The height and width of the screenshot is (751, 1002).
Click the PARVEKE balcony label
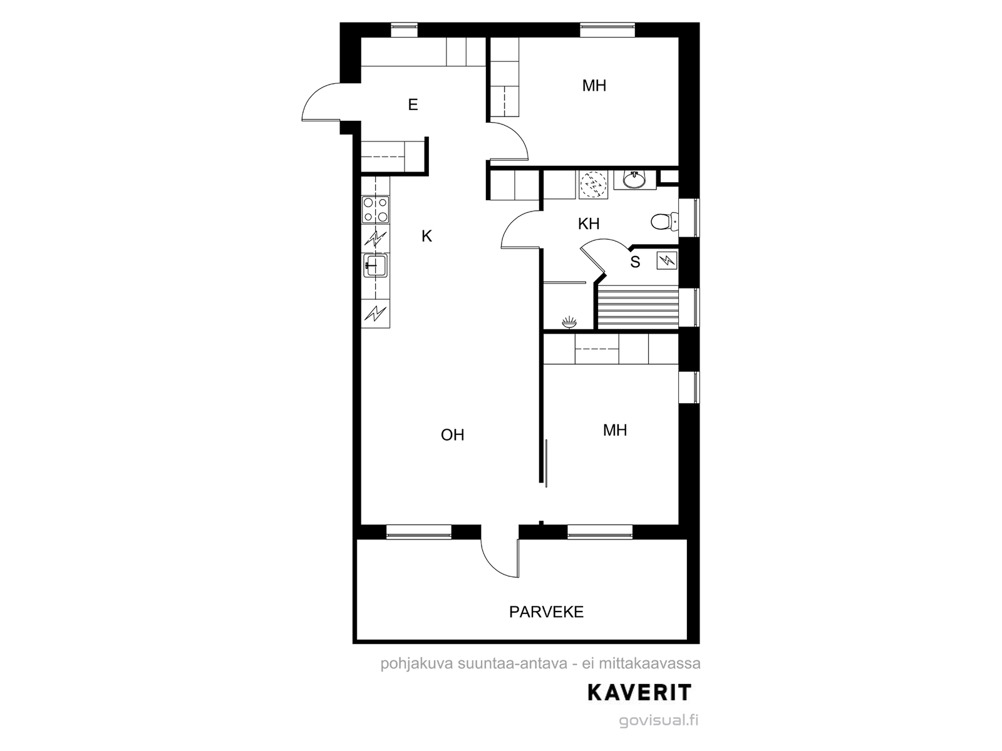tap(546, 612)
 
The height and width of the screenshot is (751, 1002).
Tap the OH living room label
tap(452, 435)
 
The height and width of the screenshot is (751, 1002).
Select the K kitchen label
tap(426, 236)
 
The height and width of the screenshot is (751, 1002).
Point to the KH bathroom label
tap(589, 224)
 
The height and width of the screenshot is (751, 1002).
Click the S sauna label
tap(635, 262)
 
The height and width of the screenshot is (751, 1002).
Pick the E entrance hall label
tap(413, 105)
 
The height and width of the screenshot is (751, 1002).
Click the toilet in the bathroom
tap(664, 222)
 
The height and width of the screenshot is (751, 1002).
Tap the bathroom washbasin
tap(634, 180)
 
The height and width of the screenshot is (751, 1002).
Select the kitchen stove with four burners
tap(375, 210)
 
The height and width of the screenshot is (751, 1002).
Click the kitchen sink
tap(375, 265)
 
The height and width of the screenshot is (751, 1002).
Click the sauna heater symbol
tap(666, 261)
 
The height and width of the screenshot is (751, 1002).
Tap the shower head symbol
tap(569, 323)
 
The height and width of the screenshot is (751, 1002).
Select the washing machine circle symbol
tap(594, 185)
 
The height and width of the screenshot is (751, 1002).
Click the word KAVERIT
tap(639, 693)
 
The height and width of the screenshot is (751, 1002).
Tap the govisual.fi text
tap(659, 720)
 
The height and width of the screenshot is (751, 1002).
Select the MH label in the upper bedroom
tap(594, 85)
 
